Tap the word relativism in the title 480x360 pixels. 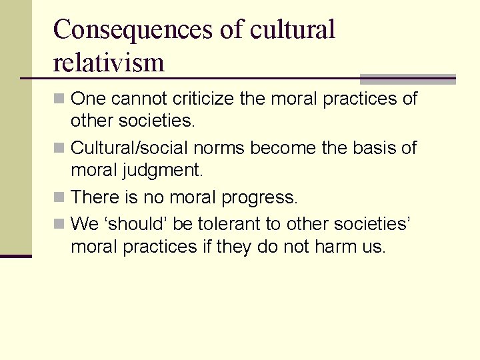[109, 63]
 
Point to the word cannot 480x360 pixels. [139, 99]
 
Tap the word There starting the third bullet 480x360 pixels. [92, 197]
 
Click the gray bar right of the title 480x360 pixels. [407, 77]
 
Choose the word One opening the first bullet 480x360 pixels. [88, 99]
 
